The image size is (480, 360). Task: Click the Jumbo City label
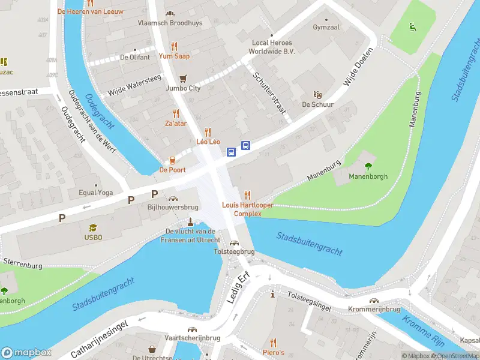(183, 88)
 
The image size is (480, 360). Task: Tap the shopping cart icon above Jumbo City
(183, 78)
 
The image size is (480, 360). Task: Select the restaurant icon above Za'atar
(176, 113)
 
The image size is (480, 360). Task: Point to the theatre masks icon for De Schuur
(318, 94)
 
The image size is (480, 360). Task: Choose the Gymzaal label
(326, 28)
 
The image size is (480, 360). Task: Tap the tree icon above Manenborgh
(368, 166)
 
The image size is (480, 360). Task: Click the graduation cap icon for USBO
(93, 227)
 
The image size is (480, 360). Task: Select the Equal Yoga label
(95, 193)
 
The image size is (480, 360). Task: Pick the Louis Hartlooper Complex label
(247, 209)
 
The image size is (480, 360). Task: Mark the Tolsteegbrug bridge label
(234, 252)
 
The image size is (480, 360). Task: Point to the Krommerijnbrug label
(374, 309)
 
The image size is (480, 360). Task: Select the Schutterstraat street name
(269, 94)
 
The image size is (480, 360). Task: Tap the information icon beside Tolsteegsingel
(273, 294)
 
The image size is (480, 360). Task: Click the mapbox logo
(26, 352)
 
